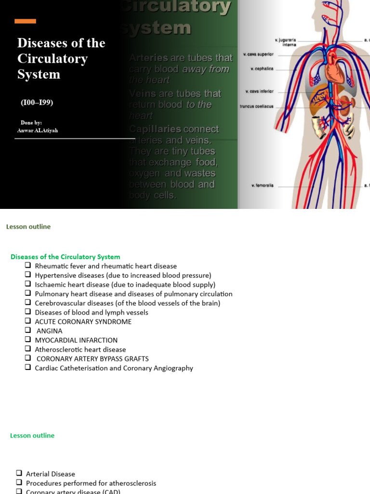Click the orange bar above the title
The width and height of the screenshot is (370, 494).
click(x=25, y=21)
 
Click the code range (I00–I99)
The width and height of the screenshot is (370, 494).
click(x=37, y=102)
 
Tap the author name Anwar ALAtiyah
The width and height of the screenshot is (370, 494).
click(x=38, y=130)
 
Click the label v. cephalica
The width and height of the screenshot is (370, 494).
click(x=262, y=69)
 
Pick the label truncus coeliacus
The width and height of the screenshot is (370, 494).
click(x=256, y=106)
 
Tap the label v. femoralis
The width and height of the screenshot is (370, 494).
click(x=262, y=185)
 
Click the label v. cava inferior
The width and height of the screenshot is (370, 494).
click(x=259, y=91)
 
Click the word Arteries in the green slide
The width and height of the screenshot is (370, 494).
click(x=148, y=58)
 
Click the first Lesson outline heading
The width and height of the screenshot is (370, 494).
click(x=28, y=227)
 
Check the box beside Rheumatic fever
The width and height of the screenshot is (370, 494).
click(x=28, y=266)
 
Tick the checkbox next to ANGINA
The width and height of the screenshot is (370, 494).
click(x=28, y=330)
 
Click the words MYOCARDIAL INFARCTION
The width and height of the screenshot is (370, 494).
click(x=76, y=340)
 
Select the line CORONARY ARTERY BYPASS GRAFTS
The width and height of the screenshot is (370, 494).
click(x=92, y=359)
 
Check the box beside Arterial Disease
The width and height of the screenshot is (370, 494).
click(x=19, y=474)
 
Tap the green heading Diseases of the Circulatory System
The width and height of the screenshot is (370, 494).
click(x=66, y=257)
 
